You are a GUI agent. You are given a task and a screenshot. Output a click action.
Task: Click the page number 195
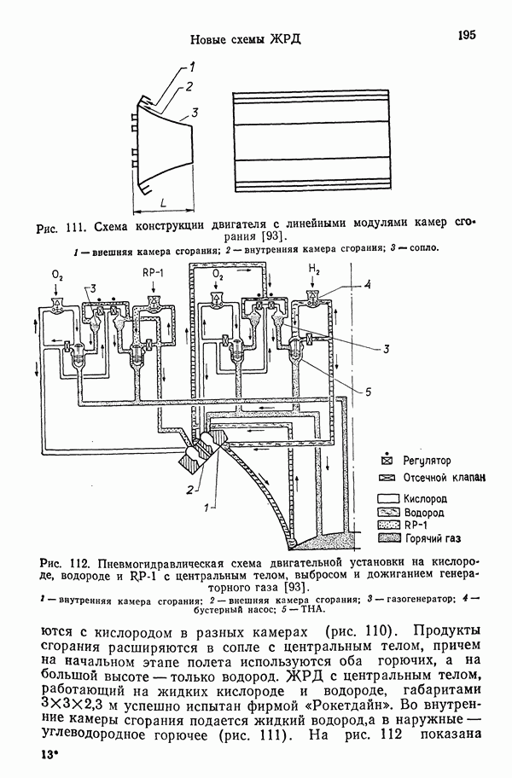[x=467, y=35]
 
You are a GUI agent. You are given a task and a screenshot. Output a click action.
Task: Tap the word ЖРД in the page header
[x=285, y=39]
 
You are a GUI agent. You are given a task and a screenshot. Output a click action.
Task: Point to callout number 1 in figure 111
[x=192, y=66]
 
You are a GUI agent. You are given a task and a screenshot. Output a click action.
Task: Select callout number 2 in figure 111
[x=189, y=87]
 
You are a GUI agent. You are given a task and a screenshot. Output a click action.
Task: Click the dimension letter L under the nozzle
[x=164, y=202]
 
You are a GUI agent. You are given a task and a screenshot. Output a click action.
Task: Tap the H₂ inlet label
[x=314, y=271]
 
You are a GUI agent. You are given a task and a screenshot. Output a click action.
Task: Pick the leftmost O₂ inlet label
[x=57, y=275]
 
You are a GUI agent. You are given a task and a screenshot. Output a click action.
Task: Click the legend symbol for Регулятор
[x=387, y=460]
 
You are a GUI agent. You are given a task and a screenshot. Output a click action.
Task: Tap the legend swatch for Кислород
[x=388, y=498]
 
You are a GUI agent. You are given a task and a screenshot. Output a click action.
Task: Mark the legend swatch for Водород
[x=388, y=512]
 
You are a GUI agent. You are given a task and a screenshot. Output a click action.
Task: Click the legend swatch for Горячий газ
[x=388, y=537]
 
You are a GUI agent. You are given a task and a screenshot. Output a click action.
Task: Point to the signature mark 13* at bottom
[x=50, y=755]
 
